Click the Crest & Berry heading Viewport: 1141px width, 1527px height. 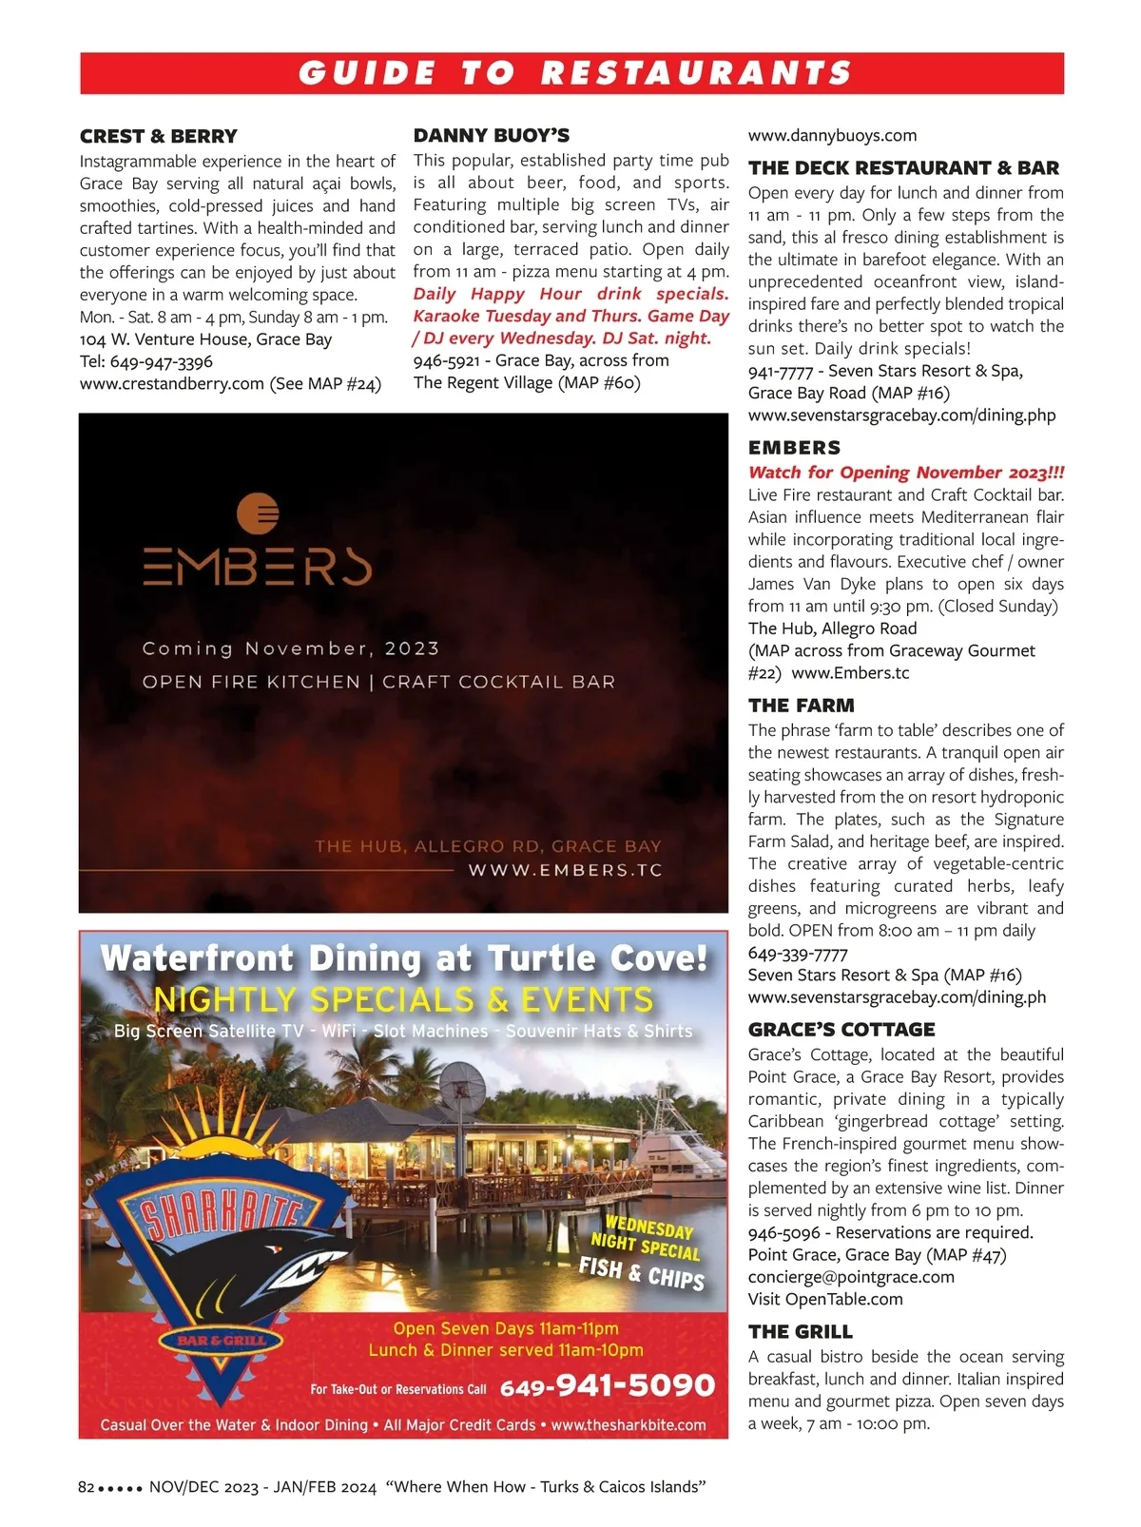[x=158, y=136]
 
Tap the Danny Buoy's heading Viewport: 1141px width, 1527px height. [x=492, y=135]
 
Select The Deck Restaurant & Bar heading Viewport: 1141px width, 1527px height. [x=902, y=168]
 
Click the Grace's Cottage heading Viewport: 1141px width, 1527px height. [x=841, y=1030]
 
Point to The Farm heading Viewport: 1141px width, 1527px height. [x=801, y=706]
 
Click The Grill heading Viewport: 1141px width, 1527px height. [x=800, y=1332]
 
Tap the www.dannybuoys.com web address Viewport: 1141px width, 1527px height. [x=832, y=136]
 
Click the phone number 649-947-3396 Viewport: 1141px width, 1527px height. [x=161, y=361]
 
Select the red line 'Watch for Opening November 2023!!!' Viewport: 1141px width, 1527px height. [x=905, y=473]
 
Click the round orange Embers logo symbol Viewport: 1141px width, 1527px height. [x=258, y=514]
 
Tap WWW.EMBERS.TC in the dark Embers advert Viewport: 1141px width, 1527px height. [x=565, y=870]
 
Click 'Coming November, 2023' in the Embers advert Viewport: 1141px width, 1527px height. [x=290, y=648]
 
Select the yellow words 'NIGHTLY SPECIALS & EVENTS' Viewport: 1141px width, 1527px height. [x=403, y=1000]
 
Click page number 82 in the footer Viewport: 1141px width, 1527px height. [x=86, y=1487]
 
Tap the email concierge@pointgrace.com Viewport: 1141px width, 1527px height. [x=850, y=1277]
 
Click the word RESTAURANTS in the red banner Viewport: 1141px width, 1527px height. [x=696, y=73]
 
